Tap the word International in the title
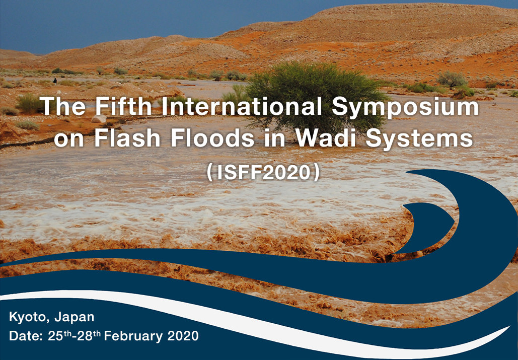[242, 106]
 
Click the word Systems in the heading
[419, 139]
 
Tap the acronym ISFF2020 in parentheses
[263, 172]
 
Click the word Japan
[75, 317]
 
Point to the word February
[133, 336]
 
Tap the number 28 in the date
[85, 336]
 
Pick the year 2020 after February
[183, 336]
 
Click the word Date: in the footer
[26, 336]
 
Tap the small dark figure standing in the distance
[55, 81]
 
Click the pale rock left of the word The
[99, 118]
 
